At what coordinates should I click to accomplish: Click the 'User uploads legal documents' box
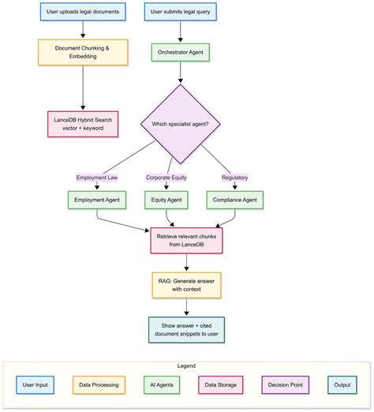[x=83, y=13]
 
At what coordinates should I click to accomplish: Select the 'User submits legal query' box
[x=182, y=13]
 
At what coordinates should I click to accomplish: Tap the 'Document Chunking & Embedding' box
[x=83, y=52]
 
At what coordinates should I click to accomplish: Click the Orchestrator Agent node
[x=182, y=52]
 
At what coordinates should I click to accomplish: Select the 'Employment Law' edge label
[x=97, y=178]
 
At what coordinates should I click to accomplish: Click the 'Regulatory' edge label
[x=234, y=178]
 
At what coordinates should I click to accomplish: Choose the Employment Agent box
[x=97, y=200]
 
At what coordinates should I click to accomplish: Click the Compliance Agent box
[x=234, y=200]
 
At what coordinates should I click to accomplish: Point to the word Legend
[x=186, y=366]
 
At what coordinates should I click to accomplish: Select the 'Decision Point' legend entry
[x=285, y=385]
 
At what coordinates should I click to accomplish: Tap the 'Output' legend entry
[x=342, y=385]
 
